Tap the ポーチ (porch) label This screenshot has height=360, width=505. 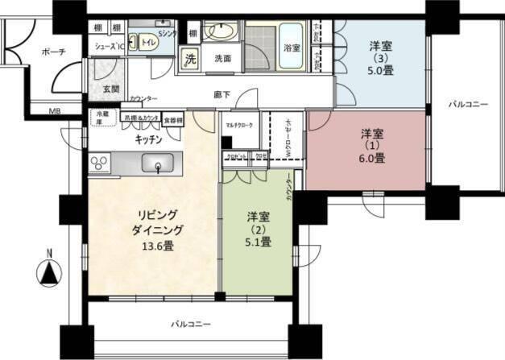pyautogui.click(x=53, y=52)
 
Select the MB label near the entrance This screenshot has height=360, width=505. pyautogui.click(x=55, y=111)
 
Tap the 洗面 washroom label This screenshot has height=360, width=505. pyautogui.click(x=222, y=59)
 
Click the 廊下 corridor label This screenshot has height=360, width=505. pyautogui.click(x=222, y=95)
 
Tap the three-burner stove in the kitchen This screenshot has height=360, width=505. pyautogui.click(x=101, y=164)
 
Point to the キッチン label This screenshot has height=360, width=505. pyautogui.click(x=150, y=139)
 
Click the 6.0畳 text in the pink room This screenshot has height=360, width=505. pyautogui.click(x=372, y=159)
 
